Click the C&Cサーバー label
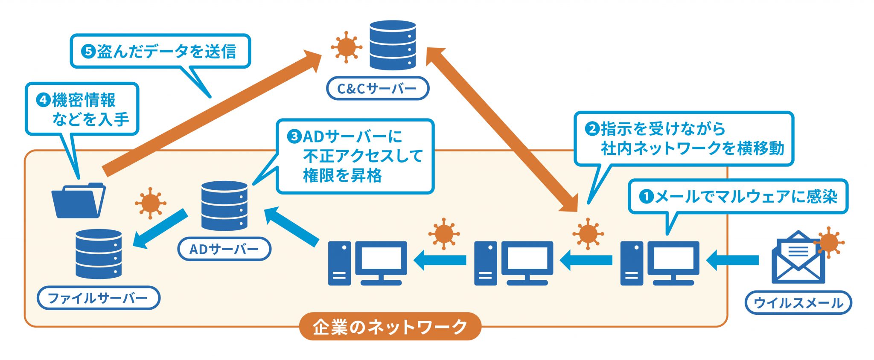click(377, 89)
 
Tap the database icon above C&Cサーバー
click(392, 45)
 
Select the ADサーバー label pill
click(224, 249)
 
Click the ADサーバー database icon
click(224, 206)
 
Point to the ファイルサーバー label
click(98, 298)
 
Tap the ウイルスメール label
click(798, 303)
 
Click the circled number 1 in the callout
click(646, 197)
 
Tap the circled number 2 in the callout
click(592, 128)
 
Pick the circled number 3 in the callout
click(294, 137)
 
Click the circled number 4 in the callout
click(43, 100)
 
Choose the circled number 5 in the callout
click(88, 52)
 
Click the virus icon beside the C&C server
click(346, 47)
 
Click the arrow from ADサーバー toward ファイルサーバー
click(160, 229)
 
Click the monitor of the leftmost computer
click(381, 258)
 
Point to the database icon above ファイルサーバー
click(99, 254)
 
